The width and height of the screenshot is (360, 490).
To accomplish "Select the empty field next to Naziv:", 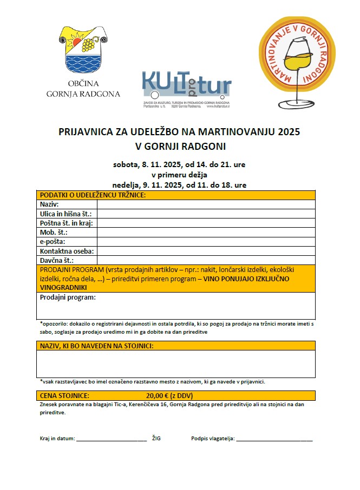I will [x=206, y=204].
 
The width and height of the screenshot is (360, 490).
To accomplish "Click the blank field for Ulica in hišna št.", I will [x=206, y=214].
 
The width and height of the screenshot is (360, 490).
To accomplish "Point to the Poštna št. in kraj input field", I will [x=206, y=223].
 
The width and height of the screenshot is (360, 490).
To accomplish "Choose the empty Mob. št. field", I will [x=206, y=233].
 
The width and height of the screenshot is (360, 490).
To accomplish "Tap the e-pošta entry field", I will [x=206, y=242].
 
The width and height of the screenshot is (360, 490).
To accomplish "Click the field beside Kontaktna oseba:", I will [x=206, y=251].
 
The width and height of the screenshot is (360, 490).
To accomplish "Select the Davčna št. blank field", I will [x=206, y=260].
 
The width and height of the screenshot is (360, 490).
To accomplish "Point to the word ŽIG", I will [x=156, y=438].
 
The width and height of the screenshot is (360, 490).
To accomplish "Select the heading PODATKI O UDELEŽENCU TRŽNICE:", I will [x=93, y=195].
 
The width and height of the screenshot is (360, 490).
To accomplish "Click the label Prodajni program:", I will [x=68, y=297].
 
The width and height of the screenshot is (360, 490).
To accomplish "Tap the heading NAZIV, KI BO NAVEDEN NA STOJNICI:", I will [x=96, y=346].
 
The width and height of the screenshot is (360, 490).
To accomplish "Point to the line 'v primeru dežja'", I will [x=179, y=174].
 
